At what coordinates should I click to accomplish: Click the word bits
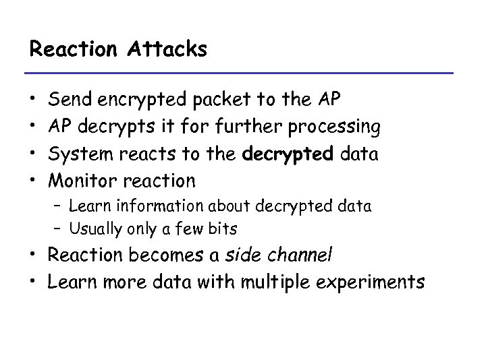[x=221, y=229]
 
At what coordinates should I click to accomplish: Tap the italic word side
[x=244, y=256]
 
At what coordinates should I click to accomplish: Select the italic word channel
[x=299, y=256]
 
